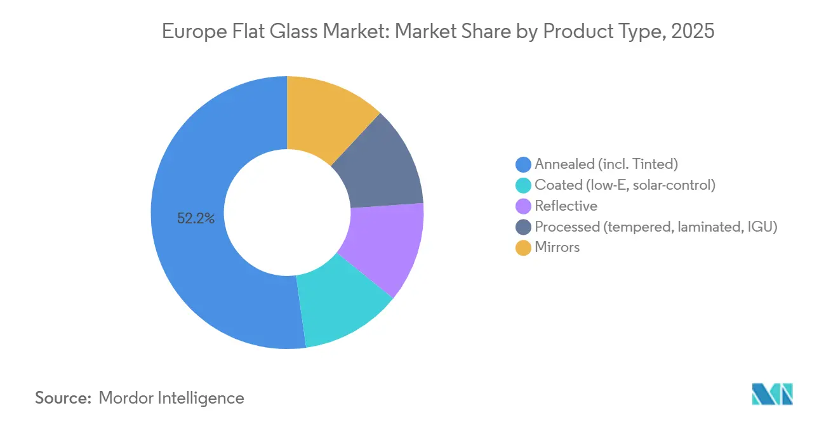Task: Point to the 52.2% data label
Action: pyautogui.click(x=196, y=219)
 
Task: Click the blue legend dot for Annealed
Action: pyautogui.click(x=523, y=164)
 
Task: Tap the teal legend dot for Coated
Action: pyautogui.click(x=523, y=185)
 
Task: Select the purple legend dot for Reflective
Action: pyautogui.click(x=523, y=206)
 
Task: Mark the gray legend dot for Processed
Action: pyautogui.click(x=523, y=227)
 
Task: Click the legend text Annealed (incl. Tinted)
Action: pyautogui.click(x=606, y=164)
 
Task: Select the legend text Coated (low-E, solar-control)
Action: pyautogui.click(x=625, y=185)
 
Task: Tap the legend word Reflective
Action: pyautogui.click(x=566, y=206)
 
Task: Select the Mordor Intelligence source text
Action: pyautogui.click(x=171, y=398)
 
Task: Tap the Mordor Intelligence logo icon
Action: pyautogui.click(x=772, y=394)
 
